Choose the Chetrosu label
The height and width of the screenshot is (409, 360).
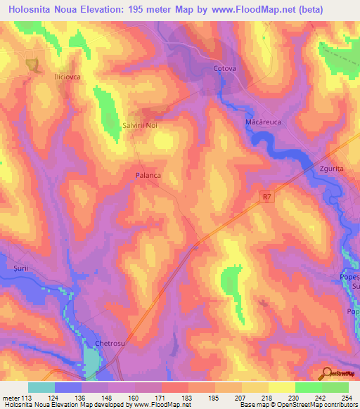pos(109,343)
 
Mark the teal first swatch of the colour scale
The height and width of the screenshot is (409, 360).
pos(41,387)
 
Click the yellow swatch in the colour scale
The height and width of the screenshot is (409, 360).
pos(282,387)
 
